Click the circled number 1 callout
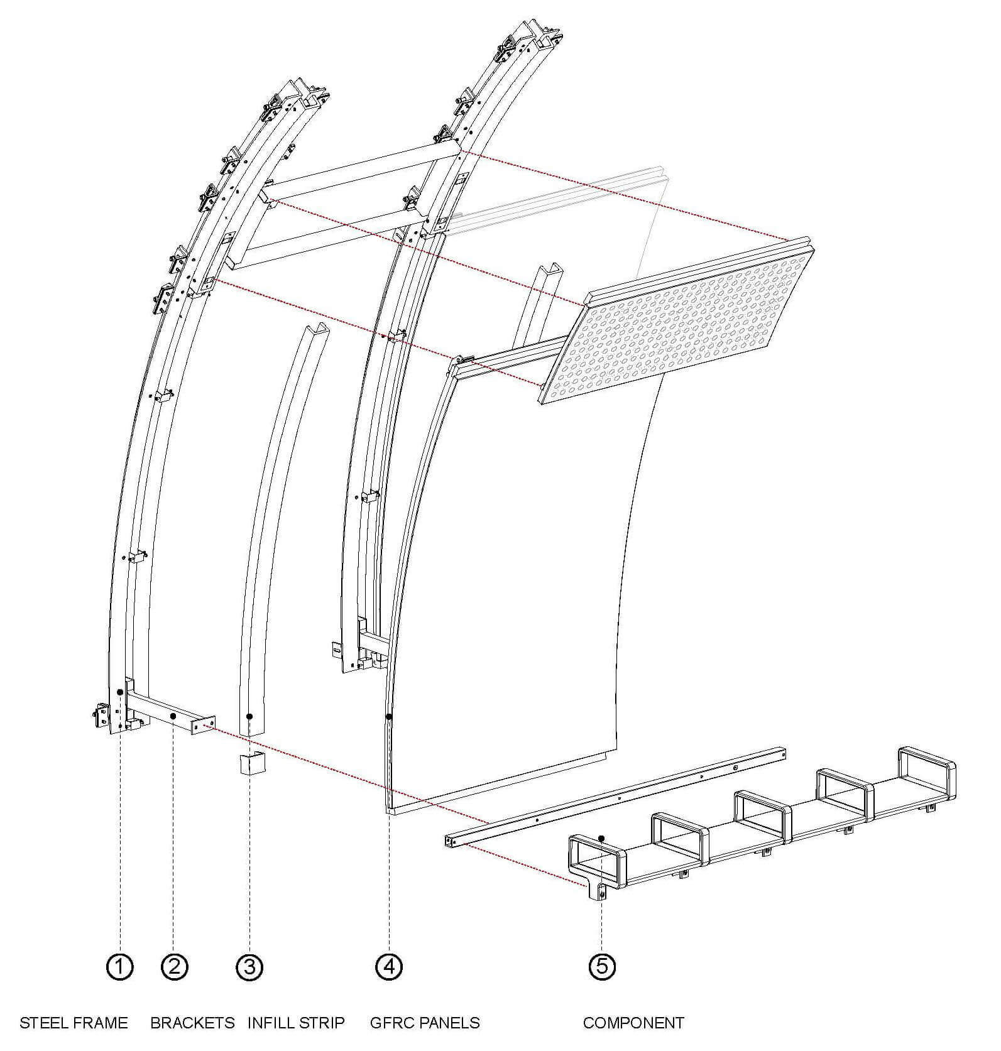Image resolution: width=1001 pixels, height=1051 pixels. [119, 967]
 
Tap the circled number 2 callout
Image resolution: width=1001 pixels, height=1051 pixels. [174, 967]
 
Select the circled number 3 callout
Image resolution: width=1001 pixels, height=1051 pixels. [249, 967]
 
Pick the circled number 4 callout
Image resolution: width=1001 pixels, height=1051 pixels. [389, 967]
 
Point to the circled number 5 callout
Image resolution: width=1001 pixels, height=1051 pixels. [602, 967]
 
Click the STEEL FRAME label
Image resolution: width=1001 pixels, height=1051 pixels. [74, 1023]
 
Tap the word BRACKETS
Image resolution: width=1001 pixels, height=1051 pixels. [192, 1023]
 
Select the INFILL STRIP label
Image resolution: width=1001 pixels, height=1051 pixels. [296, 1023]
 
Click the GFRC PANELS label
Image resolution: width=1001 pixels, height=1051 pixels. [425, 1023]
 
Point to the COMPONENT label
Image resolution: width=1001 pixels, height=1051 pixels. [633, 1023]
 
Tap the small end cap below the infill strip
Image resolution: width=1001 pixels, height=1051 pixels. [252, 763]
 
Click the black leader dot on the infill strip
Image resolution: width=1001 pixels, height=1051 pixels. [249, 716]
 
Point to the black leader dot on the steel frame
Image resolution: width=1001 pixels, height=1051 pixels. [119, 692]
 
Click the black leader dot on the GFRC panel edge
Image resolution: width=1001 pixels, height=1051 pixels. [390, 716]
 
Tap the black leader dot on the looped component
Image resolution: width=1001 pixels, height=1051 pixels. [602, 838]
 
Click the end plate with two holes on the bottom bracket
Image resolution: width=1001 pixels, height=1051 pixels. [204, 724]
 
